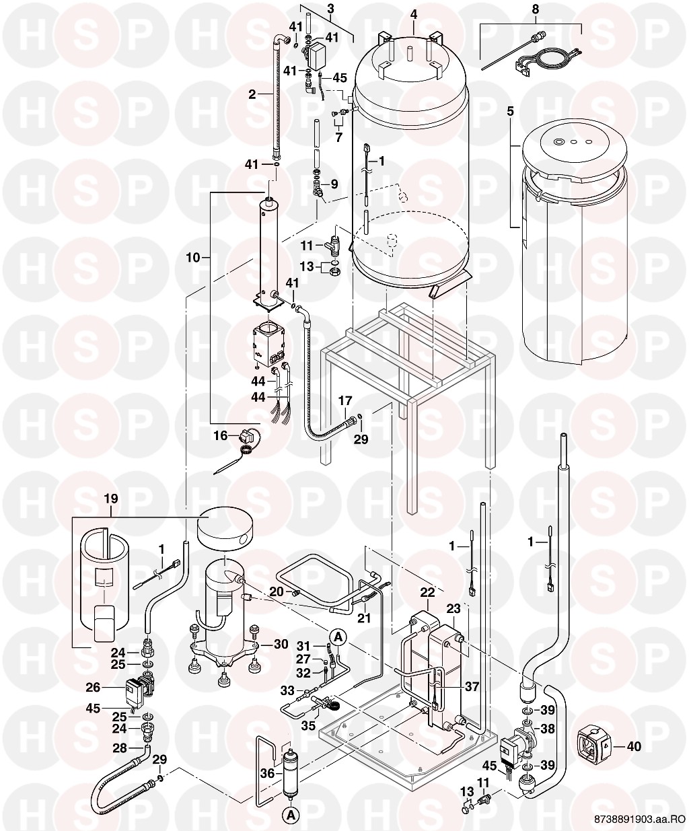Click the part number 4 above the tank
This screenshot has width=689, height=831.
(414, 15)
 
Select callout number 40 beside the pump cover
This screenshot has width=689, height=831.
(634, 746)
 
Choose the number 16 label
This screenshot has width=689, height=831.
(221, 436)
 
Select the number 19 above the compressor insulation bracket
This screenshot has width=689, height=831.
(111, 499)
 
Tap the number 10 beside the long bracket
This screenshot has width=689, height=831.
(193, 258)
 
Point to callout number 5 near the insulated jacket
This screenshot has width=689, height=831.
(510, 112)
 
